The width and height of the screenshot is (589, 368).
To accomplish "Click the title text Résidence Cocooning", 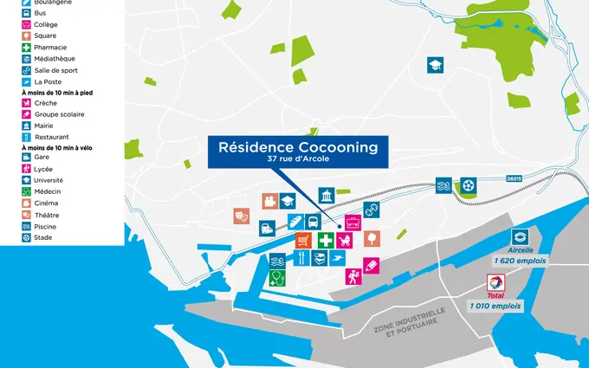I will tap(298, 147).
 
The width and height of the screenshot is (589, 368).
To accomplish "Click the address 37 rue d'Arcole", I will tap(298, 161).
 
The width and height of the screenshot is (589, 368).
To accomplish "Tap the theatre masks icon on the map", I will tap(242, 216).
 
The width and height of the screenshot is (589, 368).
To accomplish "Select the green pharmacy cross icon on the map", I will tap(326, 240).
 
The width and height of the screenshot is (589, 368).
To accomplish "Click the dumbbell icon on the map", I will tap(372, 210).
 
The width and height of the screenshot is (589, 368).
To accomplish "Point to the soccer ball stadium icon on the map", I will tap(468, 185).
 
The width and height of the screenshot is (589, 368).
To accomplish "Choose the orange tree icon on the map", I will tap(372, 238).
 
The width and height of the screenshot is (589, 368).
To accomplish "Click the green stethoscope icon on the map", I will tap(277, 278).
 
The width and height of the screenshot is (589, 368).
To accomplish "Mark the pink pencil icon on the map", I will tap(372, 265).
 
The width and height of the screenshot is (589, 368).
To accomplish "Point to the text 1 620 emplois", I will tap(520, 260).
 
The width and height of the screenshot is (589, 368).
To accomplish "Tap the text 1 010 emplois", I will tap(495, 306).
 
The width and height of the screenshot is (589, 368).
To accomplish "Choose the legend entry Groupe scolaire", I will tap(57, 113).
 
